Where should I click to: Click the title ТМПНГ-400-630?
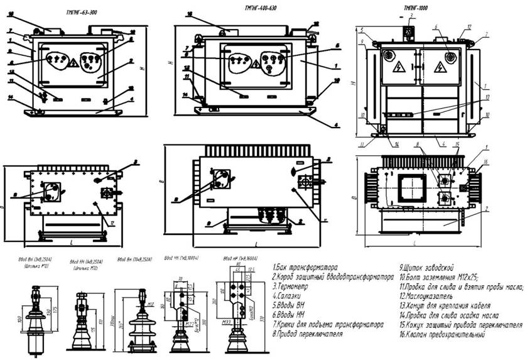tap(259, 8)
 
